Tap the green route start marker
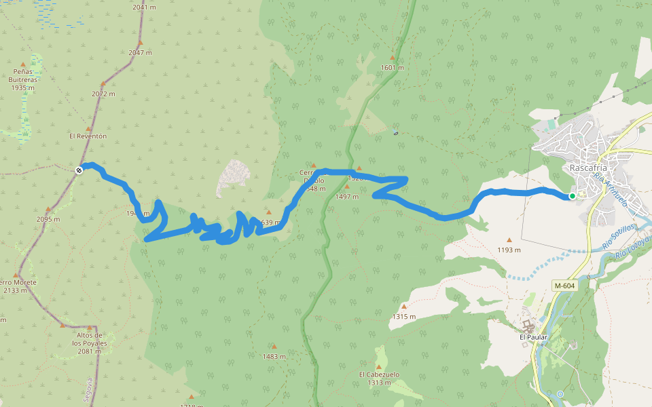click(x=573, y=196)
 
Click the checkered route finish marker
click(x=79, y=170)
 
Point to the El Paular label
click(x=533, y=336)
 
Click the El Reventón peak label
click(x=88, y=136)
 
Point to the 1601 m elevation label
click(x=393, y=68)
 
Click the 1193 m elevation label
click(x=509, y=250)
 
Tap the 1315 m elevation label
click(x=403, y=317)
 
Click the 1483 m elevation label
click(x=274, y=356)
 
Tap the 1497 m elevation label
click(x=347, y=197)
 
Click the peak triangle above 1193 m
click(x=509, y=239)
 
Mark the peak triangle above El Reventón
click(x=88, y=128)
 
